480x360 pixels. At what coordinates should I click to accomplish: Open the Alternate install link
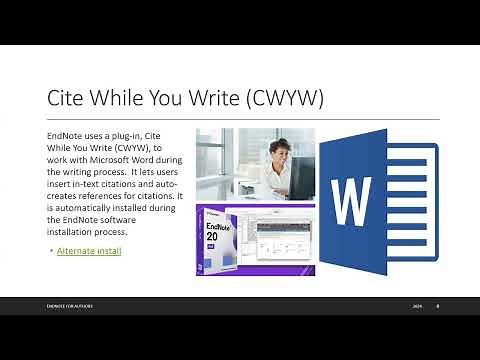point(89,250)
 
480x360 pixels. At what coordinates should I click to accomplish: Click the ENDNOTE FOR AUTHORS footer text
point(70,306)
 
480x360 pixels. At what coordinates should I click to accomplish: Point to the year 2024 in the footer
point(417,306)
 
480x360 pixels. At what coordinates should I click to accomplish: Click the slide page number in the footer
point(437,306)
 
